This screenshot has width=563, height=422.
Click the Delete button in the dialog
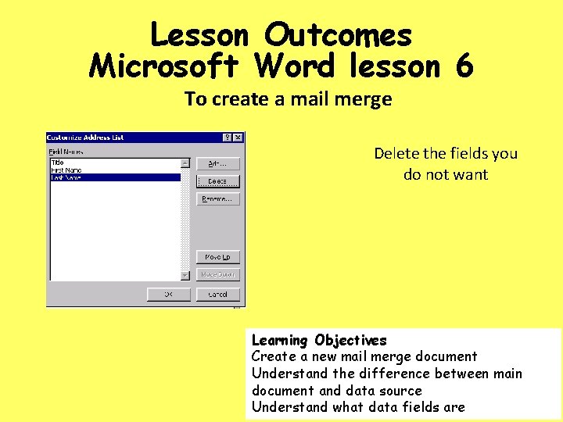coord(217,181)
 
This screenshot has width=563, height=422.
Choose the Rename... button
coord(217,198)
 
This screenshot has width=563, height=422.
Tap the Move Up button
coord(217,257)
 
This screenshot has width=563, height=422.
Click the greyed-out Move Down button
coord(217,274)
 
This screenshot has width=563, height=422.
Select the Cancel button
coord(217,295)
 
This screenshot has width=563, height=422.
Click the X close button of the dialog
coord(238,138)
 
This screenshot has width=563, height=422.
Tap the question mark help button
coord(228,138)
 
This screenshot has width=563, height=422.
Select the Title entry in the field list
coord(58,163)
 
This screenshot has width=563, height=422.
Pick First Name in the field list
coord(66,170)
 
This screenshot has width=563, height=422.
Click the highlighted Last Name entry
coord(66,177)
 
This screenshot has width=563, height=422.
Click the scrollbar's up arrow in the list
coord(185,163)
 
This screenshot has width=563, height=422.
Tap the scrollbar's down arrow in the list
coord(185,275)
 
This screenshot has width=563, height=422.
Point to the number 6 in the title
coord(462,66)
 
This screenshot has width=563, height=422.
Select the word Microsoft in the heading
coord(167,66)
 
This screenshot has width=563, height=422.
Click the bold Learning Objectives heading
coord(319,340)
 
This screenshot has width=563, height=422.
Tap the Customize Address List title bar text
coord(86,138)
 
